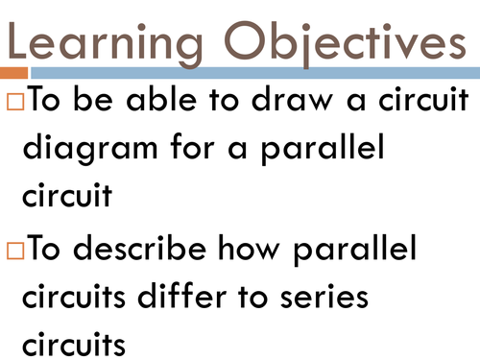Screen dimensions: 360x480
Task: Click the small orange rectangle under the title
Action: (x=13, y=73)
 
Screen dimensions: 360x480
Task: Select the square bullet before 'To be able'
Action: (x=14, y=102)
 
